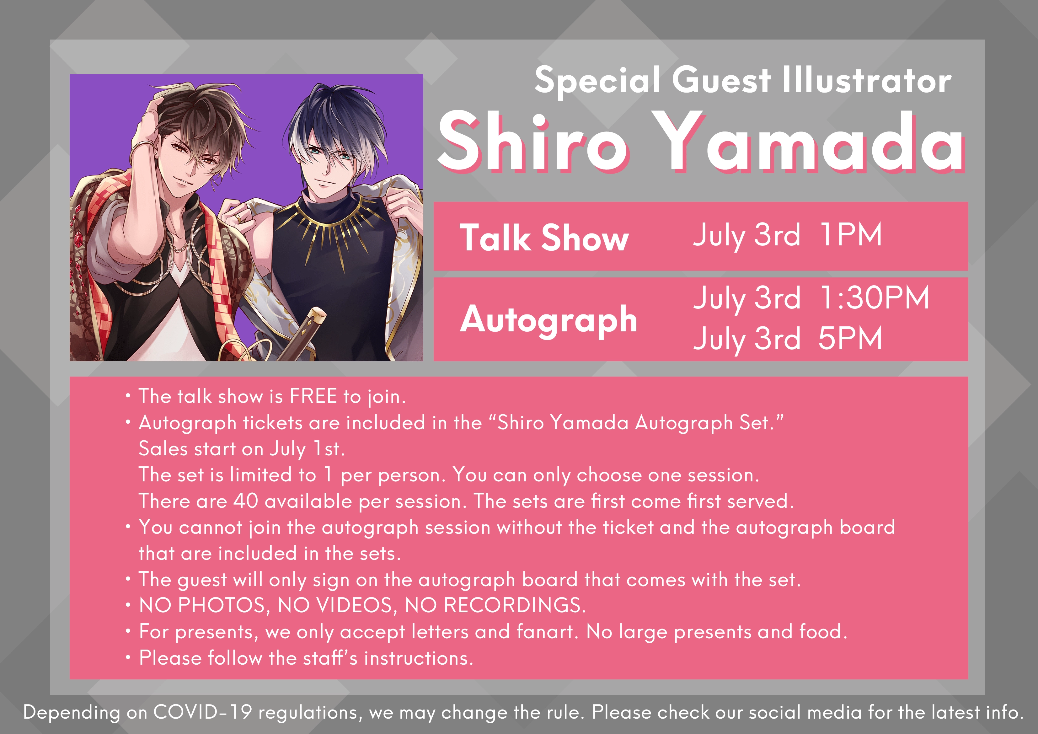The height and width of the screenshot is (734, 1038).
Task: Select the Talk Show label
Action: point(544,238)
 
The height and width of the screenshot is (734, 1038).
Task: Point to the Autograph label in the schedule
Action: point(548,320)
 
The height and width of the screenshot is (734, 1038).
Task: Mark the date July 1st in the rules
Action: point(308,449)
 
